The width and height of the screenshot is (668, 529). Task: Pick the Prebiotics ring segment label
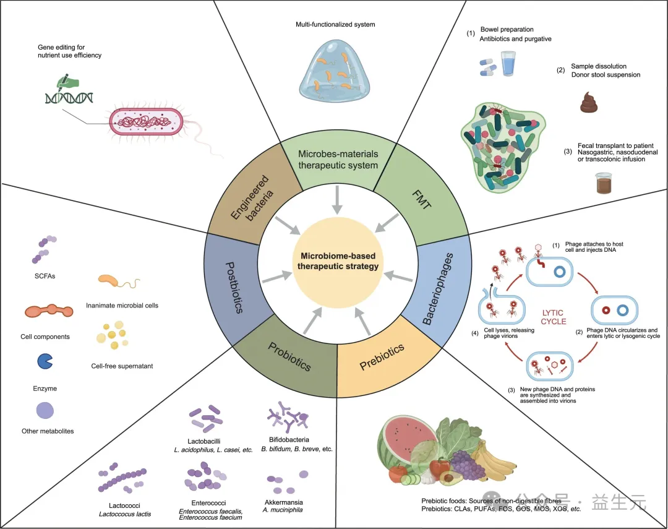pyautogui.click(x=382, y=357)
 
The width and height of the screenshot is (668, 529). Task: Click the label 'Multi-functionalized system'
pyautogui.click(x=335, y=25)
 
